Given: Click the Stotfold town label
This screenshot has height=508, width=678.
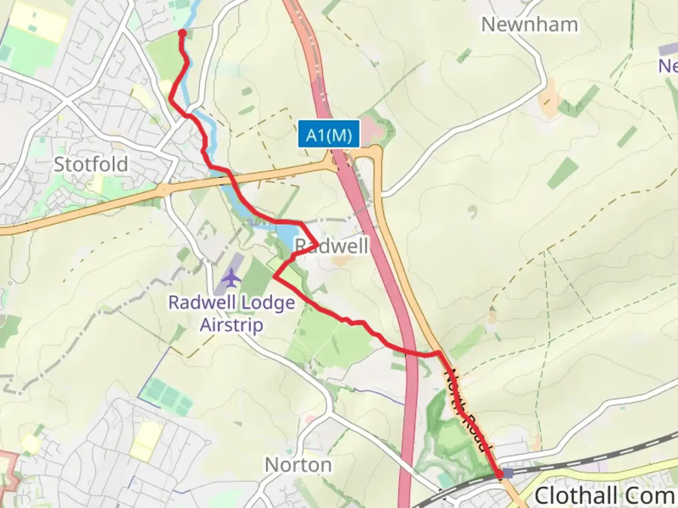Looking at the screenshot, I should tap(91, 165).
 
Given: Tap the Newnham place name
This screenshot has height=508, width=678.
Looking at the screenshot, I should tap(529, 24).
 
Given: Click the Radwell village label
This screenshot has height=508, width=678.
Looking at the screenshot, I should tap(332, 246).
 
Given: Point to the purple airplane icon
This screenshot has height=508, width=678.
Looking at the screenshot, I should tap(231, 278).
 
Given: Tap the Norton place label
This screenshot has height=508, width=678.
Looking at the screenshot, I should tap(298, 465).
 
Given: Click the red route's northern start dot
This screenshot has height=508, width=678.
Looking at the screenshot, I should tap(182, 32).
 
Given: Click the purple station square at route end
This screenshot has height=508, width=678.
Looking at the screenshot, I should tap(508, 473).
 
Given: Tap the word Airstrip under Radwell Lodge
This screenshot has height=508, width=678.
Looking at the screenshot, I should tap(232, 325).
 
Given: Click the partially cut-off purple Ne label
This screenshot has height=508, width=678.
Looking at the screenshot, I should tap(668, 66).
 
